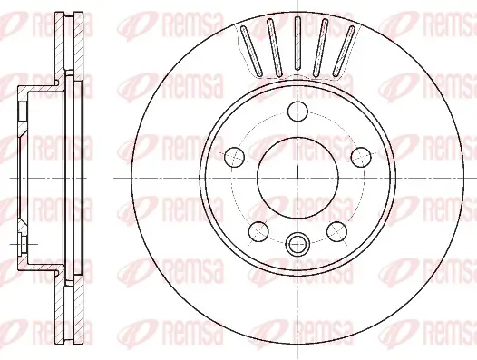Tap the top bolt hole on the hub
pos(297,112)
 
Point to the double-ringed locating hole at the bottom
pos(297,243)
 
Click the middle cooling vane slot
pos(297,48)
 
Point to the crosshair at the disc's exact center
pos(297,177)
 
